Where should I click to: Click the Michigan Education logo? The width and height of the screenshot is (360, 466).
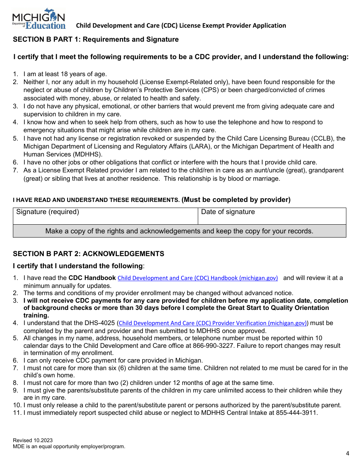point(39,19)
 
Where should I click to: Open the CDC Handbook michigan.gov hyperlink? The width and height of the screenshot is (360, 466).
point(197,278)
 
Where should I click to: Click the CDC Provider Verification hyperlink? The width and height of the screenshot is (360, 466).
point(213,323)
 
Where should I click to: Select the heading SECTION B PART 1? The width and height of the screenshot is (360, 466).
point(96,39)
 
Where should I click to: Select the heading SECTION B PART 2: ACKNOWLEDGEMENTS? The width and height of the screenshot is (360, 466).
point(89,254)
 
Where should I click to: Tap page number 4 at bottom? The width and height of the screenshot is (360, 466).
point(347,453)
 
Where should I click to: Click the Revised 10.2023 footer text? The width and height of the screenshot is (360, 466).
point(33,440)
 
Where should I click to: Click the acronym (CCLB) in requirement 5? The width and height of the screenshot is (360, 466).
point(324,138)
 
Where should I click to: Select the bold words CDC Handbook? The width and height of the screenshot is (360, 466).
point(92,278)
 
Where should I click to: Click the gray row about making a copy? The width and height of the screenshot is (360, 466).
point(179,231)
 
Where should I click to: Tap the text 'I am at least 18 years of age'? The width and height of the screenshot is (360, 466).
point(65,74)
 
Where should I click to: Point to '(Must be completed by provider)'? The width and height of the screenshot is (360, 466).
point(236,200)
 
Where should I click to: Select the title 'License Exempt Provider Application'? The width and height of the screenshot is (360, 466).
point(233,25)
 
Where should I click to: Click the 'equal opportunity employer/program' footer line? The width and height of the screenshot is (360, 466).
point(69,447)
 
